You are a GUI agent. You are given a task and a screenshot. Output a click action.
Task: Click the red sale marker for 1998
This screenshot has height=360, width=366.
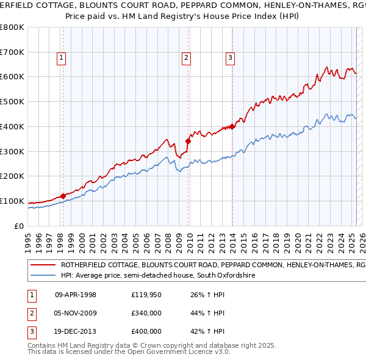tap(63, 196)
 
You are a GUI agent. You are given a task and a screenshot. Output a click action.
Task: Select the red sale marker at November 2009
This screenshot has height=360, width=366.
tap(188, 141)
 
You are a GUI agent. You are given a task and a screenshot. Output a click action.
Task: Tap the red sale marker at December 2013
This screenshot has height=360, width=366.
tap(232, 126)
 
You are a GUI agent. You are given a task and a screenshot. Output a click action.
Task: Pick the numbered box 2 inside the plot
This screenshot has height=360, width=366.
tap(186, 58)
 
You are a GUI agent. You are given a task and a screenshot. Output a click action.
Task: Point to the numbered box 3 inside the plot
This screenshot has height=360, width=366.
tap(231, 58)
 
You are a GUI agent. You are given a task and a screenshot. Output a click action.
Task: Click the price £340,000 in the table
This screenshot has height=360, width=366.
tap(146, 314)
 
